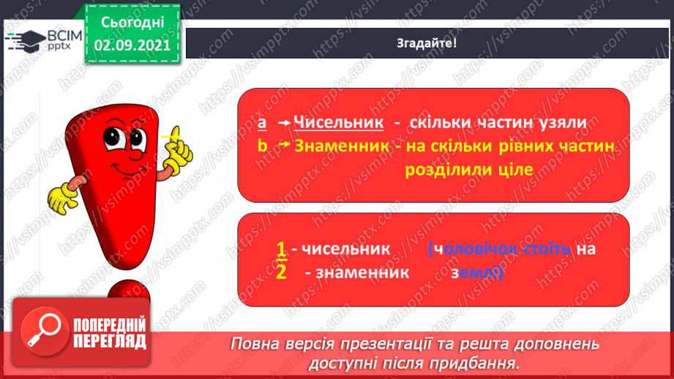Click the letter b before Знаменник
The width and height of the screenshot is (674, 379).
(x=263, y=146)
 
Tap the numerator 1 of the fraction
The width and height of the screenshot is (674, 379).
(x=280, y=249)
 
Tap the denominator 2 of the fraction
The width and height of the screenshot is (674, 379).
(x=280, y=272)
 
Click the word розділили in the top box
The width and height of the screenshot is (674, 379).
(x=443, y=169)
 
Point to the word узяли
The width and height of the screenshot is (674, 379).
(x=561, y=123)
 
